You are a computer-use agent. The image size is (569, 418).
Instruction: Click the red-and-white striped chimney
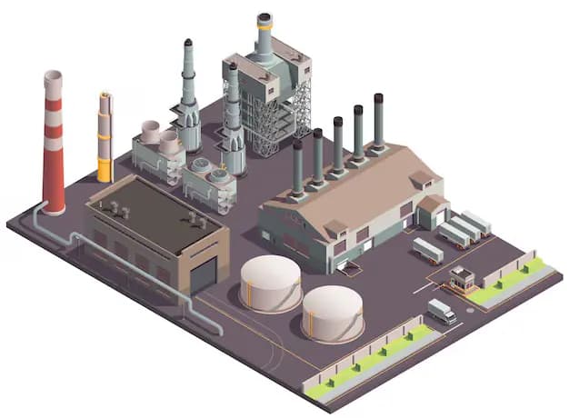click(x=54, y=145)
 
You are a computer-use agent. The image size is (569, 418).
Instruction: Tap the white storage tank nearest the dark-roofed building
click(x=271, y=282)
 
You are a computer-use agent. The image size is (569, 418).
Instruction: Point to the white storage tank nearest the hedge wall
click(x=333, y=313)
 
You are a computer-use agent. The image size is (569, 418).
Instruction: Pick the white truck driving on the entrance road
click(x=442, y=311)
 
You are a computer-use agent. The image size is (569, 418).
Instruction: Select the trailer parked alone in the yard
click(x=427, y=250)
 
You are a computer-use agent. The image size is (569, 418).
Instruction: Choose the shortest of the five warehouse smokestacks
click(x=297, y=168)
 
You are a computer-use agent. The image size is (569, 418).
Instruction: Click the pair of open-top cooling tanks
click(x=160, y=138)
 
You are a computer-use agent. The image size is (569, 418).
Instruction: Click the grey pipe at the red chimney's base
click(x=41, y=218)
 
